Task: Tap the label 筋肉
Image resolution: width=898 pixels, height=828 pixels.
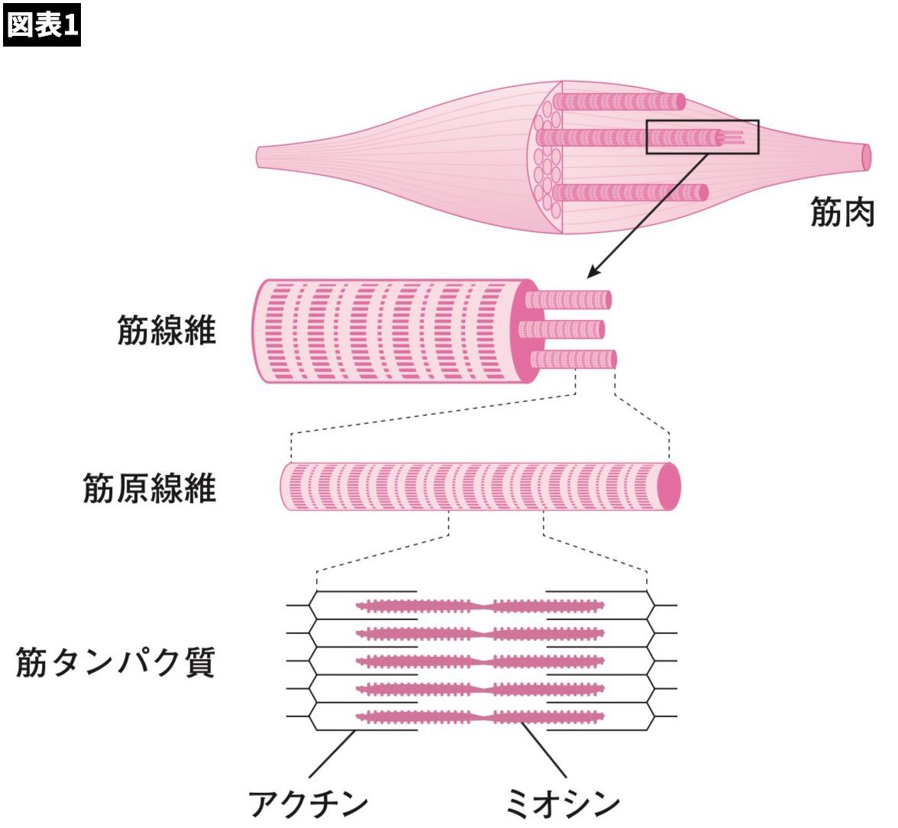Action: tap(841, 213)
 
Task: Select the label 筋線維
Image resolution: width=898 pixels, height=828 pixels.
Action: tap(166, 329)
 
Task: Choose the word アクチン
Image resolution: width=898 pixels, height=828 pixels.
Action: tap(308, 804)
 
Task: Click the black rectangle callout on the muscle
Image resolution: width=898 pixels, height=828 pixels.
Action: tap(703, 137)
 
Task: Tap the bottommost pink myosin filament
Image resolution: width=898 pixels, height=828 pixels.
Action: tap(481, 717)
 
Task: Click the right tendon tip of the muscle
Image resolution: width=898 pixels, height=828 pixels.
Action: tap(865, 155)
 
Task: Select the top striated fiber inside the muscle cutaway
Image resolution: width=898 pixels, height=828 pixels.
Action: tap(619, 101)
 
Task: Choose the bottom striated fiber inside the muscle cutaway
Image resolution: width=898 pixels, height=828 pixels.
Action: tap(630, 192)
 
